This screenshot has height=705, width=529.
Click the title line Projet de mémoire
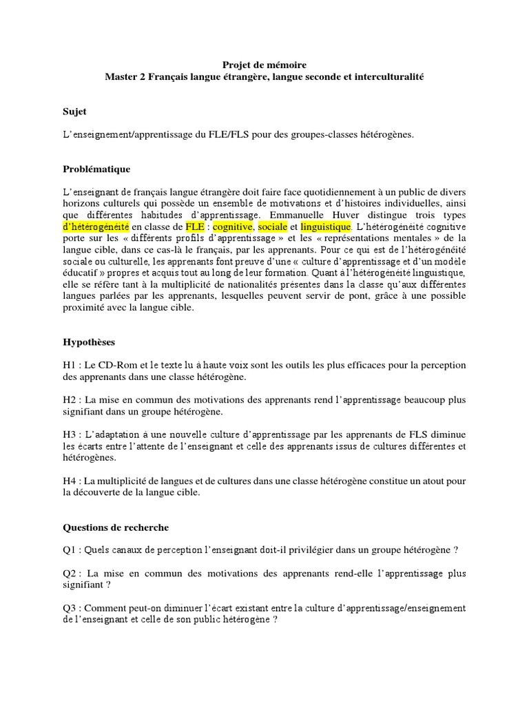pos(264,65)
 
